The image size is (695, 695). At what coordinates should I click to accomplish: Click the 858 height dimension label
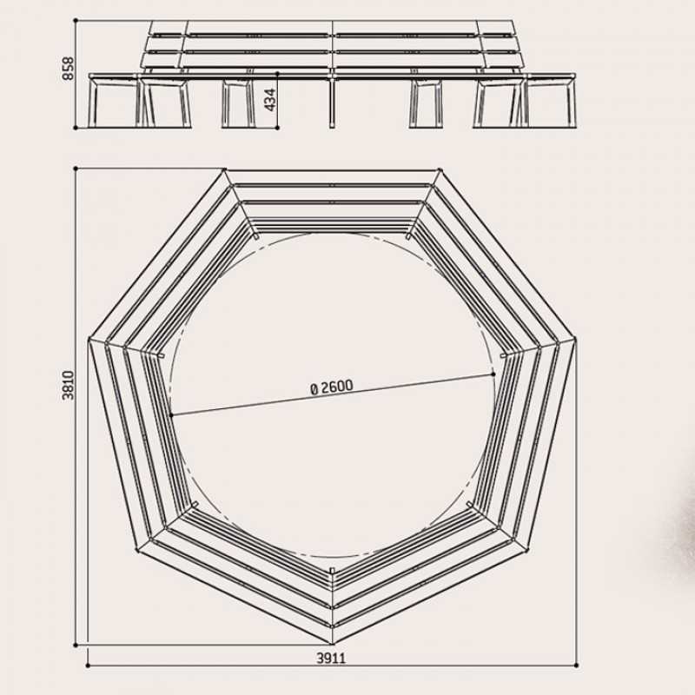pyautogui.click(x=69, y=69)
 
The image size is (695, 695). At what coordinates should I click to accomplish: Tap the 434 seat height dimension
pyautogui.click(x=270, y=100)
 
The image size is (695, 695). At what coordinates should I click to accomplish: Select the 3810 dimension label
pyautogui.click(x=69, y=385)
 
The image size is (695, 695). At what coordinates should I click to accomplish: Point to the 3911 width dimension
pyautogui.click(x=331, y=659)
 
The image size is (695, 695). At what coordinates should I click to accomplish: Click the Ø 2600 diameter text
pyautogui.click(x=332, y=387)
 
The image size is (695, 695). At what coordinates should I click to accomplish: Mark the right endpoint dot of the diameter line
pyautogui.click(x=493, y=374)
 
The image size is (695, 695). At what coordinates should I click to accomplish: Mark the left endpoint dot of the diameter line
pyautogui.click(x=171, y=415)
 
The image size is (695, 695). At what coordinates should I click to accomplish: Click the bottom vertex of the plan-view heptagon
pyautogui.click(x=333, y=644)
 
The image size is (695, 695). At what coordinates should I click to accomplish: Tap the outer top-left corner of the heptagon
pyautogui.click(x=224, y=169)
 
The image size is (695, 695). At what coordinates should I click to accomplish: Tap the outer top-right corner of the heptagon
pyautogui.click(x=440, y=169)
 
